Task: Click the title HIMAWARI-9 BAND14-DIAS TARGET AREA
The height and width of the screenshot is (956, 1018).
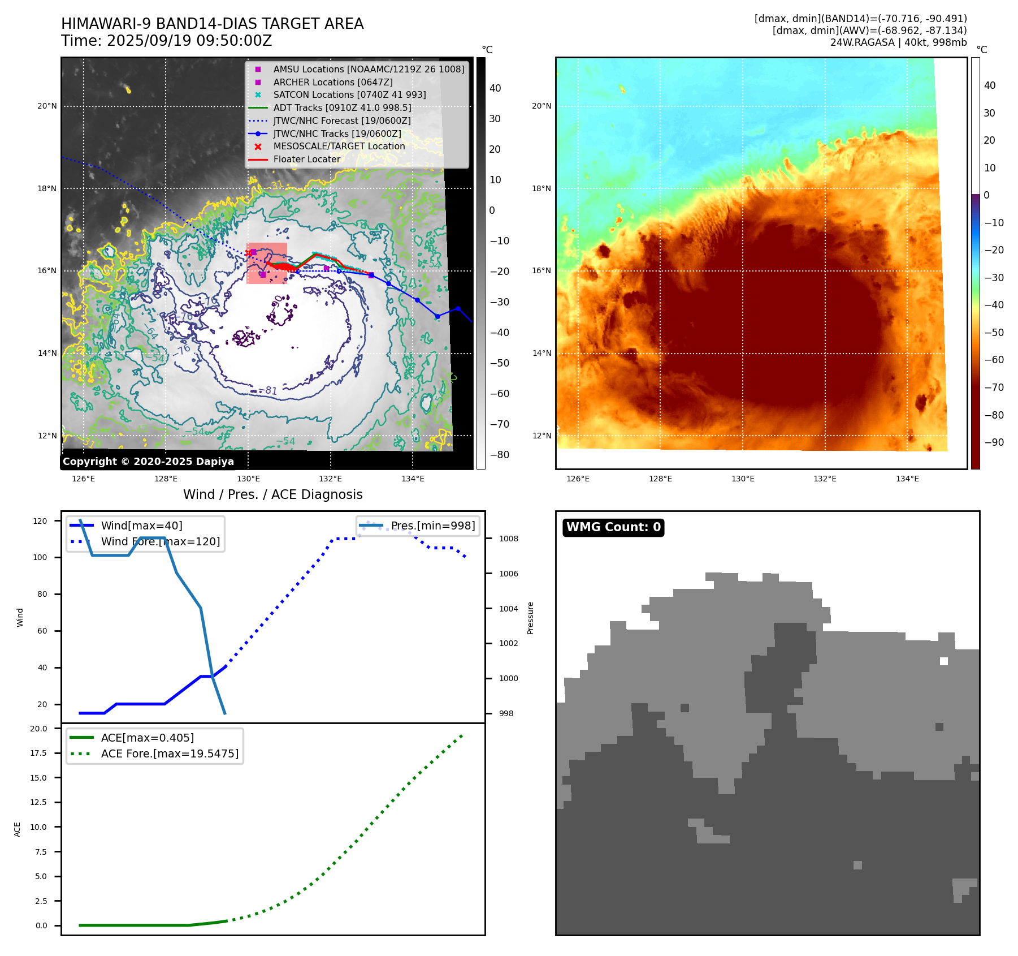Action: point(212,24)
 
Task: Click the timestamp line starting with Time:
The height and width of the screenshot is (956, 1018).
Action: point(166,41)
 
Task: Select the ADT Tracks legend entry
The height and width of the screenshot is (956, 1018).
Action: point(341,107)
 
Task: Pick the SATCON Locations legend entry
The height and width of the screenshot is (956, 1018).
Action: point(349,94)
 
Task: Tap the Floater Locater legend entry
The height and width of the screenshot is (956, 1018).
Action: point(306,160)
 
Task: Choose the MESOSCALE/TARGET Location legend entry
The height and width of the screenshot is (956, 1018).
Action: point(339,147)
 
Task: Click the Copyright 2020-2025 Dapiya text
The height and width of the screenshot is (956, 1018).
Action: point(148,462)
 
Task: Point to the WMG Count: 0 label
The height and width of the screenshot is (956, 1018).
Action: point(613,527)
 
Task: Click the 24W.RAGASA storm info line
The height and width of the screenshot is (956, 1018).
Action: point(898,42)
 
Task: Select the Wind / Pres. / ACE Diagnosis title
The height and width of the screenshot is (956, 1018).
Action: point(272,494)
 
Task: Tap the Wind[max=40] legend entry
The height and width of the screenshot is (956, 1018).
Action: point(141,526)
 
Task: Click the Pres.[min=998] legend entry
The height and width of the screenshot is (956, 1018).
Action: point(432,526)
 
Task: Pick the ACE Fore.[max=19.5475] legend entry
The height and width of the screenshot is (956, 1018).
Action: point(170,753)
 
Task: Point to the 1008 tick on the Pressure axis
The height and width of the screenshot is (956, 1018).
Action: point(508,539)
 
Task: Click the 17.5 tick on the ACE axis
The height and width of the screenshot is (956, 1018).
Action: point(38,753)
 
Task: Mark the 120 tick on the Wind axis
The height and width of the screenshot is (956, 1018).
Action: point(40,521)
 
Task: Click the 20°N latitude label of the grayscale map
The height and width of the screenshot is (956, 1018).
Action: point(47,106)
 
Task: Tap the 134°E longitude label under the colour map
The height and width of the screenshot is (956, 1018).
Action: point(907,479)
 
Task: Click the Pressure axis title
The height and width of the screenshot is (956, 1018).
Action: point(530,618)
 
